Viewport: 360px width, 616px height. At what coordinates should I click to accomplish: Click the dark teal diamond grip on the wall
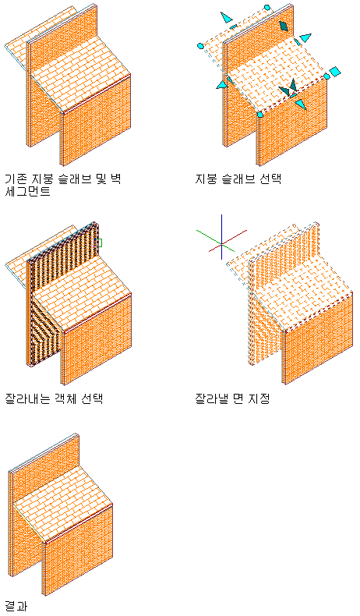pos(284,26)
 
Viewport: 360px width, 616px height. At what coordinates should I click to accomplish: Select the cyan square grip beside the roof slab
pos(335,72)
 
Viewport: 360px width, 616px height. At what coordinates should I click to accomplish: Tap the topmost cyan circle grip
pos(267,8)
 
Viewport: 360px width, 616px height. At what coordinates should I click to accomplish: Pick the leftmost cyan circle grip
pos(200,46)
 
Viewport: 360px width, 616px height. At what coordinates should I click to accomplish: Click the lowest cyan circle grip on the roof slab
pos(260,115)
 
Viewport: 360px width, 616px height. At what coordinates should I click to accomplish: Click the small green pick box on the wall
pos(99,243)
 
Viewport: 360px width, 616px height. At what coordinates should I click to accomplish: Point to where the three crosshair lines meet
pos(222,244)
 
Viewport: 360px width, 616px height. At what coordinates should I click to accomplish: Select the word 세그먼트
pos(27,191)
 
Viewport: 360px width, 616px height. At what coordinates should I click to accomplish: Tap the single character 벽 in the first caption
pos(115,179)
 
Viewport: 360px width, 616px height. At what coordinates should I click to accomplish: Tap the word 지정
pos(259,398)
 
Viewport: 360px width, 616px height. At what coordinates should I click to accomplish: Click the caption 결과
pos(16,605)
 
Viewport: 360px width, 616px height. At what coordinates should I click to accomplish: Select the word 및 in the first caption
pos(100,179)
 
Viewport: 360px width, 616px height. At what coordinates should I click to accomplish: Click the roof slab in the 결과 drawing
pos(63,504)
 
